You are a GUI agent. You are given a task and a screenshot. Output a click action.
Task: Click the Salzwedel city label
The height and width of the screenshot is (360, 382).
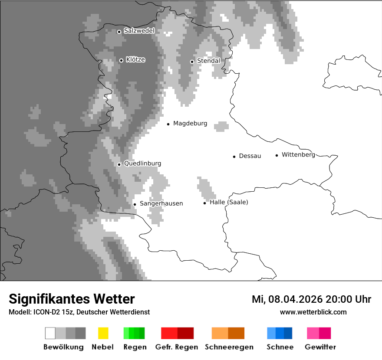pos(139,31)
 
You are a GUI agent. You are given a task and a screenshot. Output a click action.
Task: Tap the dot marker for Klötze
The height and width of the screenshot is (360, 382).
pos(121,60)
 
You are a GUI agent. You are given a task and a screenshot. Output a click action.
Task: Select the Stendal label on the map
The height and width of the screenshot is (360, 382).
pos(208,61)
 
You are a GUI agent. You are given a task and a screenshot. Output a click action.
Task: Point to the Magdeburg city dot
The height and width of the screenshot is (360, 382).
pos(168,124)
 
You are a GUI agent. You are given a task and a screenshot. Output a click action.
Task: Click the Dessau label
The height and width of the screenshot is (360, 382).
pos(250,156)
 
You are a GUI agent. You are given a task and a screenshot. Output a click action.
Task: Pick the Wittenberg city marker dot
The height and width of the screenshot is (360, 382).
pos(277,155)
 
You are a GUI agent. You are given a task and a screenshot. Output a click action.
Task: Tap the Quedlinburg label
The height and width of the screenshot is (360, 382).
pos(142,164)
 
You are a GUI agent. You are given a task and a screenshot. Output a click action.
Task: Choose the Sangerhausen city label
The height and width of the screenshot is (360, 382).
pos(161,203)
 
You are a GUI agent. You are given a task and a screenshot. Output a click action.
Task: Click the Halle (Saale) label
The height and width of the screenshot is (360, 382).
pos(229,202)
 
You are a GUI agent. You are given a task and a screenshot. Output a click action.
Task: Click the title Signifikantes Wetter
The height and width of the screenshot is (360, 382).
pos(72,299)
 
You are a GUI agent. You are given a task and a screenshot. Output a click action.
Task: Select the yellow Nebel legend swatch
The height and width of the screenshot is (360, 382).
pos(103,333)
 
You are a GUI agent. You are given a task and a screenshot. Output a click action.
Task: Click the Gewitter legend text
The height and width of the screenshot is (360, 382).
pos(320,347)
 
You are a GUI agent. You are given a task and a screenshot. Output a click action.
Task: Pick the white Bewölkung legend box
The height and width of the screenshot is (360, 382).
pos(50,333)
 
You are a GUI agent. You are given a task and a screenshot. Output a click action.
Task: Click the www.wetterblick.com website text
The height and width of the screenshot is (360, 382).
pos(313,312)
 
